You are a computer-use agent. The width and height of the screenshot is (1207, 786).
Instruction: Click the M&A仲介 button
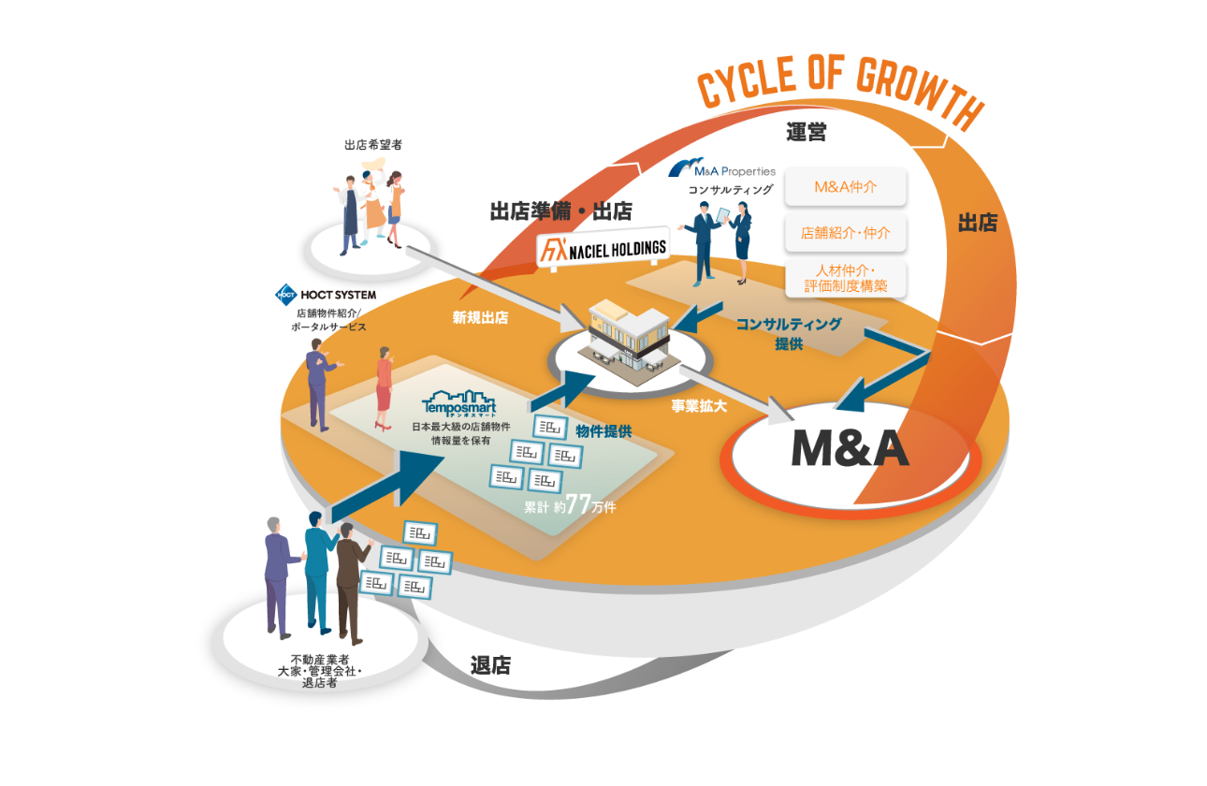coord(846,186)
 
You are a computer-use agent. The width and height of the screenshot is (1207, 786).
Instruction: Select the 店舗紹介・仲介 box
coord(846,232)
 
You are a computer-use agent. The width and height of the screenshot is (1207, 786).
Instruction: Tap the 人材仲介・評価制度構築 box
coord(846,278)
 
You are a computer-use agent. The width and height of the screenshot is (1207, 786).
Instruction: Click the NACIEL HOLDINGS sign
coord(604,248)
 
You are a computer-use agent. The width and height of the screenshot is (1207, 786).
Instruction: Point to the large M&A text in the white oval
coord(850,450)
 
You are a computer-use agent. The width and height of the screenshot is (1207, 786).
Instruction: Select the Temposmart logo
coord(458,403)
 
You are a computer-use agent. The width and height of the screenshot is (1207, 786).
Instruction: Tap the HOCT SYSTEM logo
coord(325,294)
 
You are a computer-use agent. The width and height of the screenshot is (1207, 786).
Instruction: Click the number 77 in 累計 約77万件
coord(578,505)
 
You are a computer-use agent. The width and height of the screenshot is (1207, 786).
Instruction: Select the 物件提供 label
coord(603,431)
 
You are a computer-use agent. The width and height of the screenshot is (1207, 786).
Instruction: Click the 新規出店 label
coord(480,317)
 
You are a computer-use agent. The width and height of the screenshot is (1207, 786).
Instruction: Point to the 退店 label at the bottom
coord(490,665)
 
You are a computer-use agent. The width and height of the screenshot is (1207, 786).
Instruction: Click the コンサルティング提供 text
coord(788,333)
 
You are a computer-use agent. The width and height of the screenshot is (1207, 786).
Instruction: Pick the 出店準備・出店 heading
coord(560,211)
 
